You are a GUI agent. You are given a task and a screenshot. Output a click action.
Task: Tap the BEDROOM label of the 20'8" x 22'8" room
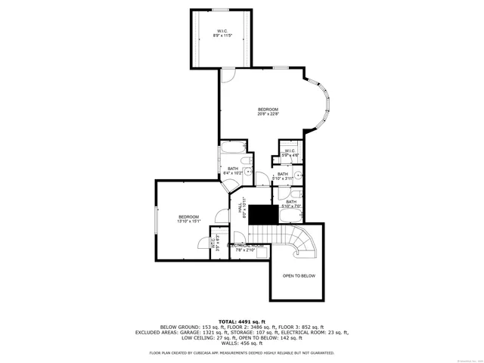click(x=268, y=110)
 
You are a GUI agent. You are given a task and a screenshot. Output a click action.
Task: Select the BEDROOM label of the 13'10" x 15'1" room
click(x=188, y=217)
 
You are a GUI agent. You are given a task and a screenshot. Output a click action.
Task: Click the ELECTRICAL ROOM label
click(x=246, y=246)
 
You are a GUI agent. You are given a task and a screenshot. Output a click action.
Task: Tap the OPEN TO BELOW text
click(x=299, y=276)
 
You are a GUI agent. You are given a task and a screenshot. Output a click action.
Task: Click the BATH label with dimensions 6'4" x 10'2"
click(x=234, y=169)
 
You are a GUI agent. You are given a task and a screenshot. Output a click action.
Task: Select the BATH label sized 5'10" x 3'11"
click(x=283, y=174)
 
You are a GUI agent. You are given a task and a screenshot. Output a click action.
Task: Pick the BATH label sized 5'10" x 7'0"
click(x=291, y=202)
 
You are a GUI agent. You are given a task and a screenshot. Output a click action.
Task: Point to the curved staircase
click(x=300, y=242)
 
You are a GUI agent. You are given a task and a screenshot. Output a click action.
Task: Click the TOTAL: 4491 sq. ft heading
click(x=242, y=321)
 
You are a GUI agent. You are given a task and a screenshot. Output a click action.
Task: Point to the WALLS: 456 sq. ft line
click(x=242, y=342)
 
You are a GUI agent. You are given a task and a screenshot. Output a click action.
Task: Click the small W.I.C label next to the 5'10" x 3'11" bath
click(x=290, y=151)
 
